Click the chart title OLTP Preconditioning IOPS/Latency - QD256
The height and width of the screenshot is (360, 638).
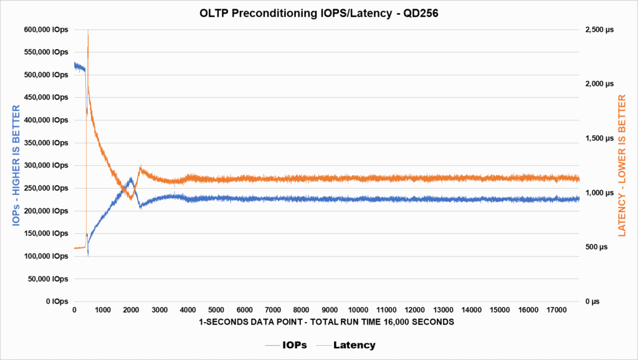318,12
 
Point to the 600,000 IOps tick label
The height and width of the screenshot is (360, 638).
47,29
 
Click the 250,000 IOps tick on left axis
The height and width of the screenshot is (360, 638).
47,188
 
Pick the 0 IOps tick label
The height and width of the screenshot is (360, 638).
55,301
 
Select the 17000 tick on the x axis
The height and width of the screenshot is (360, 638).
557,310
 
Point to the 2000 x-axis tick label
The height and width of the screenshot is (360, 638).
131,310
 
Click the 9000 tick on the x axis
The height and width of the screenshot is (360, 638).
330,310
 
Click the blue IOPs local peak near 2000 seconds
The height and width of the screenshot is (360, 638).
130,178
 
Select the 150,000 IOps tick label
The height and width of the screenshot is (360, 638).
47,234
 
